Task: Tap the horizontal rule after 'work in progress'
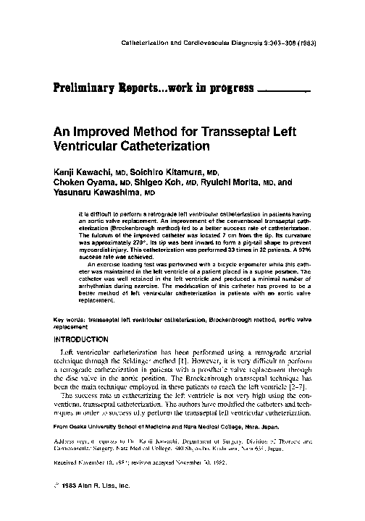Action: (x=285, y=93)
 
